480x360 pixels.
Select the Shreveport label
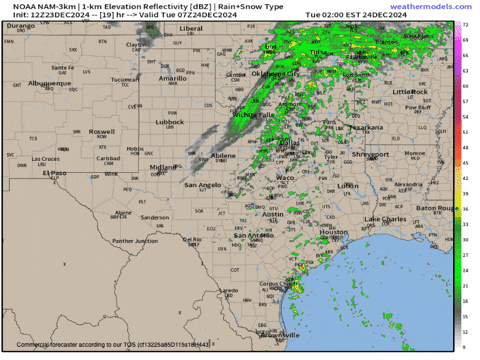[369, 154]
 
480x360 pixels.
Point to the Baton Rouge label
[437, 207]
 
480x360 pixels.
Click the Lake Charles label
[385, 218]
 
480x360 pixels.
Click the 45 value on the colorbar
[467, 148]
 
